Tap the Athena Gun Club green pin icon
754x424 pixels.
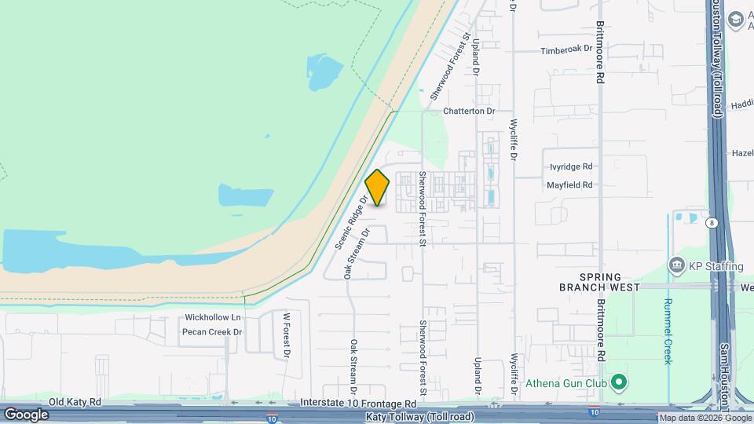(619, 382)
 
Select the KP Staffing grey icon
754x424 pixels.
(676, 266)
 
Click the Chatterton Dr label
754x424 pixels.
(469, 111)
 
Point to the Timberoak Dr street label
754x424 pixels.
(565, 49)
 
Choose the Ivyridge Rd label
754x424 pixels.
(571, 166)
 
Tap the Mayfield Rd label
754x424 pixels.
(571, 185)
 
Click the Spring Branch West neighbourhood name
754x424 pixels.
(600, 283)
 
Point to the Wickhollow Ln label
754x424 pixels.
(212, 317)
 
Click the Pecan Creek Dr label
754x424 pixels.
(212, 332)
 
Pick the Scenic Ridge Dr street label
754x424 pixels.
(352, 222)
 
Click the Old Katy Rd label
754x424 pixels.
(75, 402)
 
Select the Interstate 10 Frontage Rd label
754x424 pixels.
(358, 402)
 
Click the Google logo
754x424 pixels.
(26, 414)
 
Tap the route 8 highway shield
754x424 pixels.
(712, 223)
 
